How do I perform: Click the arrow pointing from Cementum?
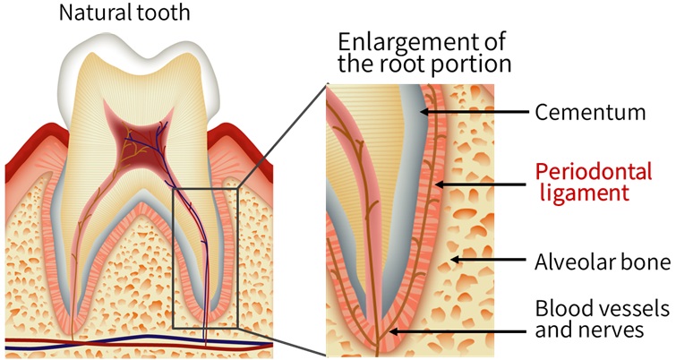tap(474, 113)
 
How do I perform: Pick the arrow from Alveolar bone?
tap(487, 261)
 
